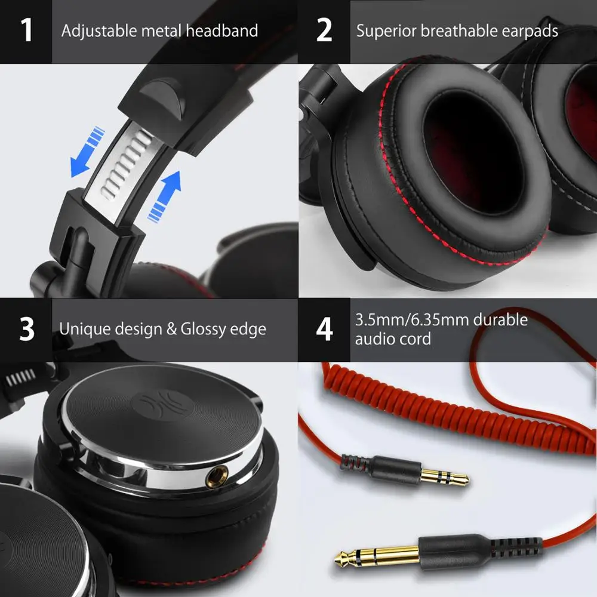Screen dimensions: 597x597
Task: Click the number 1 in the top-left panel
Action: [27, 31]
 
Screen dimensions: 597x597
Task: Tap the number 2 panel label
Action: [324, 31]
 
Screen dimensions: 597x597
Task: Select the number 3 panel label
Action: [27, 330]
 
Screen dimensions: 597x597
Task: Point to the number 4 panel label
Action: [324, 330]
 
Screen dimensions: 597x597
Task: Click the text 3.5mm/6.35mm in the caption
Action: [411, 320]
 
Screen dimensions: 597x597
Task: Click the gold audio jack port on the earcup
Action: [214, 476]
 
